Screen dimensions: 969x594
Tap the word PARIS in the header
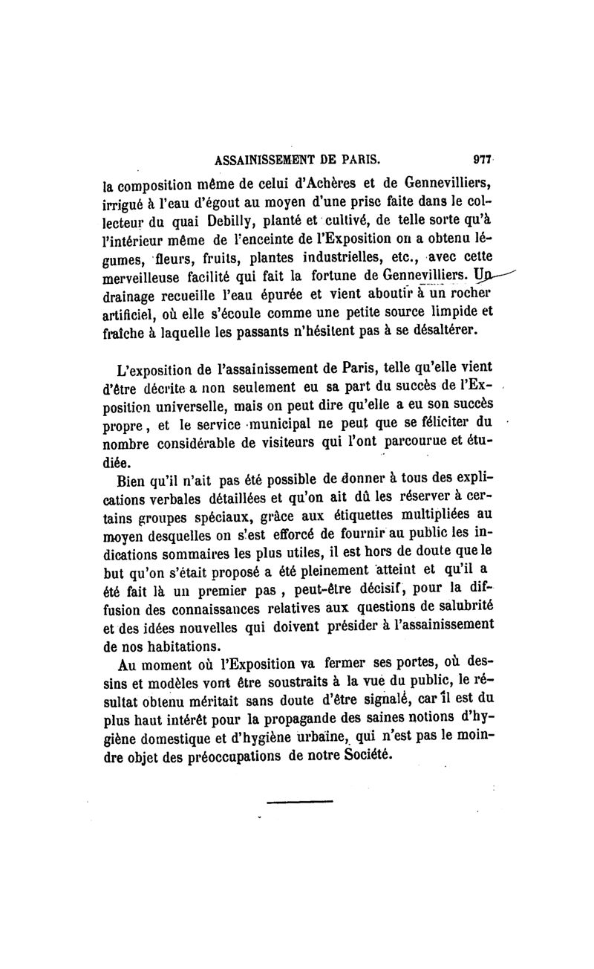click(358, 158)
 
